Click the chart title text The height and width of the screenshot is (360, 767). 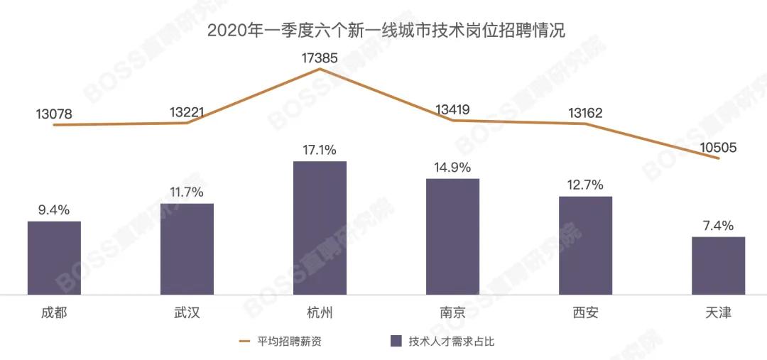tap(386, 31)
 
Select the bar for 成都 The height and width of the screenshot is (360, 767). tap(54, 258)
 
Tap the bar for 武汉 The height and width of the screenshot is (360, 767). tap(187, 249)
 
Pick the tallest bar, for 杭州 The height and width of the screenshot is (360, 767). tap(320, 228)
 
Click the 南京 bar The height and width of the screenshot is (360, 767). tap(453, 236)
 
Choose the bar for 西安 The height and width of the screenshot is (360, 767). tap(585, 246)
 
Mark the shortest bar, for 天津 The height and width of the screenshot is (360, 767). tap(719, 266)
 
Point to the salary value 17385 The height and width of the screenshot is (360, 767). tap(320, 58)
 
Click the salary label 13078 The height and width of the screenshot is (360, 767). tap(54, 114)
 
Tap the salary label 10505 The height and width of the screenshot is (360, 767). tap(718, 147)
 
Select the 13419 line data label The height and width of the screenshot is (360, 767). tap(452, 109)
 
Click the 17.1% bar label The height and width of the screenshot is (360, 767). tap(320, 150)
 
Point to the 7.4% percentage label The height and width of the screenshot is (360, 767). tap(719, 226)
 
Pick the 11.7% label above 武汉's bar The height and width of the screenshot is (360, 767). tap(187, 192)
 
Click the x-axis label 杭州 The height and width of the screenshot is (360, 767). tap(320, 312)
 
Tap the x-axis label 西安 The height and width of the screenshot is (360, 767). tap(585, 312)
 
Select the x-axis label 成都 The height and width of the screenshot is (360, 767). tap(54, 312)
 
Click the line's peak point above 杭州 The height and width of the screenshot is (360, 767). tap(320, 69)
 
